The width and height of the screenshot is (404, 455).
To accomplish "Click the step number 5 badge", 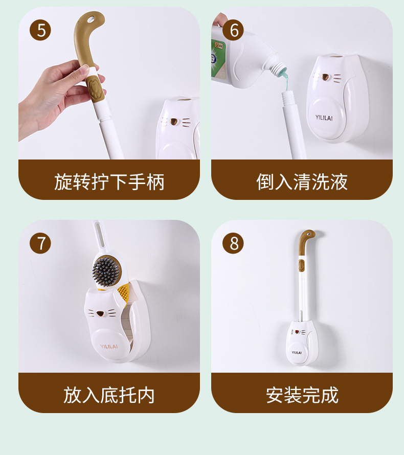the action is coord(40,30).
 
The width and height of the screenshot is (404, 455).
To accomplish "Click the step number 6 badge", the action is coord(233,30).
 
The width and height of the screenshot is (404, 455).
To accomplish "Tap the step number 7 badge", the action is coord(40,243).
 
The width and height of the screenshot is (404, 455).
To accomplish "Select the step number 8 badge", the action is coord(233,243).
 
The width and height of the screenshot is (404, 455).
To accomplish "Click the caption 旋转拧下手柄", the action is coord(109,182).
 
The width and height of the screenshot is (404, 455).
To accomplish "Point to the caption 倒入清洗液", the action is coord(302,182).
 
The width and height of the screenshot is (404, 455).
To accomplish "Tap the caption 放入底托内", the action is coord(109,395).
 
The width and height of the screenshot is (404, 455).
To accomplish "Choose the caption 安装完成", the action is coord(302,395).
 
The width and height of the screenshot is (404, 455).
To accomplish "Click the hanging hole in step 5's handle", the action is coord(91,19).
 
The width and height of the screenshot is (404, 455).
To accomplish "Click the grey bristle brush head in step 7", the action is coord(106,271).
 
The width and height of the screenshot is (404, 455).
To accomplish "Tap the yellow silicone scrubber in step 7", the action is coord(123,294).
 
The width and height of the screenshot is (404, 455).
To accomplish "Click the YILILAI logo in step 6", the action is coord(324,118).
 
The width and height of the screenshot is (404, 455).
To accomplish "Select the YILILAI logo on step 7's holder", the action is coord(109,347).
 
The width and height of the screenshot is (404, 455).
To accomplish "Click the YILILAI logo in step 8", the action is coord(297,353).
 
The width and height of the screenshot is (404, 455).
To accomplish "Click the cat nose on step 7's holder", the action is coord(100,313).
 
